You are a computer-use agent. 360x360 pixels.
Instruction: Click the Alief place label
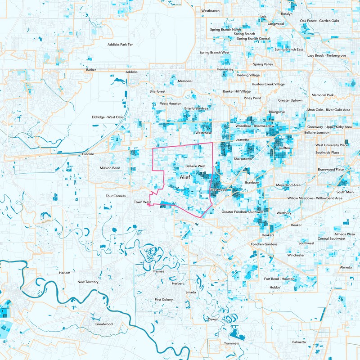(185, 178)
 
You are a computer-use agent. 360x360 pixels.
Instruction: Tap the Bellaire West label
(195, 166)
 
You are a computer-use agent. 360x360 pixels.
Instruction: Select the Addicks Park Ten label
(120, 45)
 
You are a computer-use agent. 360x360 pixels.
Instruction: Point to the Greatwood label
(104, 324)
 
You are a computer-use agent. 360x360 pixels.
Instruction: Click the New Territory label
(88, 282)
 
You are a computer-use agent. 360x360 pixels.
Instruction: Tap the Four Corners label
(115, 196)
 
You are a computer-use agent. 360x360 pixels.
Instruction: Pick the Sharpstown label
(243, 159)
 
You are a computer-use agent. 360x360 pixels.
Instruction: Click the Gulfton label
(284, 148)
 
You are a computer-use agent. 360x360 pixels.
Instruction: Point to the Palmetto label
(299, 342)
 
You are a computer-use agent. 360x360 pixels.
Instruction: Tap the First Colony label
(163, 299)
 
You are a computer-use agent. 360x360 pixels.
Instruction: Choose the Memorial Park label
(322, 95)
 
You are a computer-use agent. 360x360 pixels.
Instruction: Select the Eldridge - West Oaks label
(108, 117)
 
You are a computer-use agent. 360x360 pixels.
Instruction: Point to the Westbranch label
(210, 10)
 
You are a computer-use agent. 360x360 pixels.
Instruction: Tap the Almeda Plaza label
(344, 234)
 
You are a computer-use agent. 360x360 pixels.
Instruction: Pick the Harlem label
(65, 273)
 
